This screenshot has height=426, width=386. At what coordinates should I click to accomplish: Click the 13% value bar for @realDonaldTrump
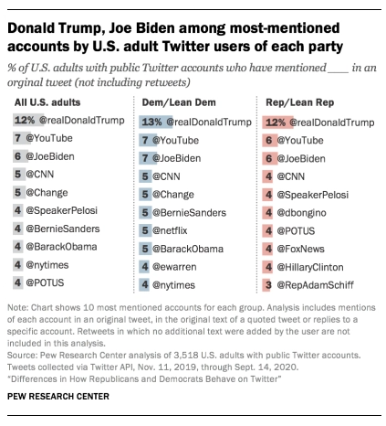coord(151,121)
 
